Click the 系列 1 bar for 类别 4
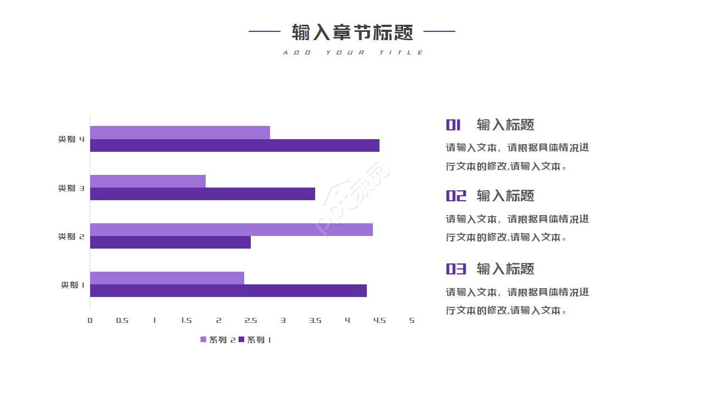point(234,146)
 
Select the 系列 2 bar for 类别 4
point(180,133)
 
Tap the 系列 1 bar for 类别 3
point(202,194)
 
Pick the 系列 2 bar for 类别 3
point(147,181)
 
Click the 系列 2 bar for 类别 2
point(231,229)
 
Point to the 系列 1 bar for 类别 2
point(170,243)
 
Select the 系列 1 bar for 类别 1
point(228,291)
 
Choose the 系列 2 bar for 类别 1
point(167,278)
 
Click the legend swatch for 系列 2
point(203,340)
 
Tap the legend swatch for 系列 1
point(241,340)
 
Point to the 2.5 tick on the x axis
point(251,321)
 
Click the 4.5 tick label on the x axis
point(380,321)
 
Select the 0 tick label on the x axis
point(90,321)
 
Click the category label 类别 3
point(71,188)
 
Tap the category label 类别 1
point(72,285)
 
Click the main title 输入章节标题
point(352,32)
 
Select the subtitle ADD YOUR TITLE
point(353,53)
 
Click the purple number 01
point(453,125)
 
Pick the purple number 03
point(455,269)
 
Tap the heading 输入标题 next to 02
point(505,196)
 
